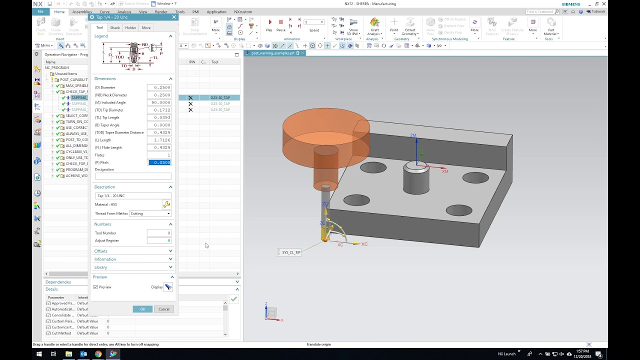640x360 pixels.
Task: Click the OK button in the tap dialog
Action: (x=142, y=309)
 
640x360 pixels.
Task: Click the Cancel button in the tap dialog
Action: (x=164, y=309)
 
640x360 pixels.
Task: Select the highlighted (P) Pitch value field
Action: (x=159, y=162)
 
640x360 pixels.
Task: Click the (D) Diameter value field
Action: (x=159, y=87)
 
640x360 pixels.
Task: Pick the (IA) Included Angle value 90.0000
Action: (x=159, y=102)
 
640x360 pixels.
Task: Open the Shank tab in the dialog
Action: (x=115, y=28)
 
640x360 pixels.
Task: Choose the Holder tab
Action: (x=130, y=28)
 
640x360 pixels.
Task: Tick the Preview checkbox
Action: (x=95, y=287)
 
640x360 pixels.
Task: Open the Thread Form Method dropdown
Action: (x=150, y=213)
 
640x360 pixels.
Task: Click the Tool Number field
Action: (x=159, y=233)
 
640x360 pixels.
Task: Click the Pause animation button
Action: (x=280, y=22)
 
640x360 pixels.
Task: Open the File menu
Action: (x=40, y=11)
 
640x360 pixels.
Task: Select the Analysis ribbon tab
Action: (x=124, y=11)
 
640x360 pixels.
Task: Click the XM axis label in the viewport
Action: (x=445, y=171)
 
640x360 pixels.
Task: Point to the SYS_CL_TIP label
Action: (x=291, y=252)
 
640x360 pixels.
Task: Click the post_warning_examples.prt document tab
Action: (x=273, y=53)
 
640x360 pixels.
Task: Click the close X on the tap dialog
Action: (x=174, y=17)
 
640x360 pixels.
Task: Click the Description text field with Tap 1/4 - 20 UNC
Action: (x=133, y=195)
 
